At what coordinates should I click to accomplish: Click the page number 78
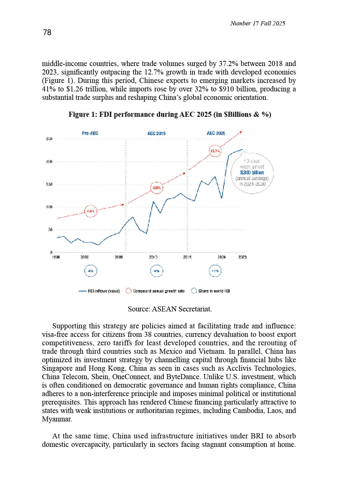(x=47, y=32)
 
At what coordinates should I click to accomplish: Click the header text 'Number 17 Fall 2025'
(x=257, y=23)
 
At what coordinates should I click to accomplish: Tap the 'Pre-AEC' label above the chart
(x=90, y=133)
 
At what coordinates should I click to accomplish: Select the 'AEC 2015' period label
(x=156, y=133)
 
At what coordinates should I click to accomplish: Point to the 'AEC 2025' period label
(x=216, y=133)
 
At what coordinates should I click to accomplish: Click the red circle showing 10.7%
(x=215, y=151)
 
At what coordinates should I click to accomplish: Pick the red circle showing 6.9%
(x=156, y=188)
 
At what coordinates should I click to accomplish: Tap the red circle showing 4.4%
(x=90, y=211)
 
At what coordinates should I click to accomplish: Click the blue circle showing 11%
(x=215, y=271)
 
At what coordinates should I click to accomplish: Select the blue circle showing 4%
(x=90, y=271)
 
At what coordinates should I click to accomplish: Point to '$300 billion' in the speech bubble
(x=252, y=173)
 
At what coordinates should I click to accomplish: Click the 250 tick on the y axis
(x=49, y=139)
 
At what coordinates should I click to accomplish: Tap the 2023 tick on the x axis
(x=242, y=257)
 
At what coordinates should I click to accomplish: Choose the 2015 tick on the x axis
(x=187, y=257)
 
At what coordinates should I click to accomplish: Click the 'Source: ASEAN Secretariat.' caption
(x=170, y=309)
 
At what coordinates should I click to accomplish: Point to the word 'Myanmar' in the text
(x=56, y=419)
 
